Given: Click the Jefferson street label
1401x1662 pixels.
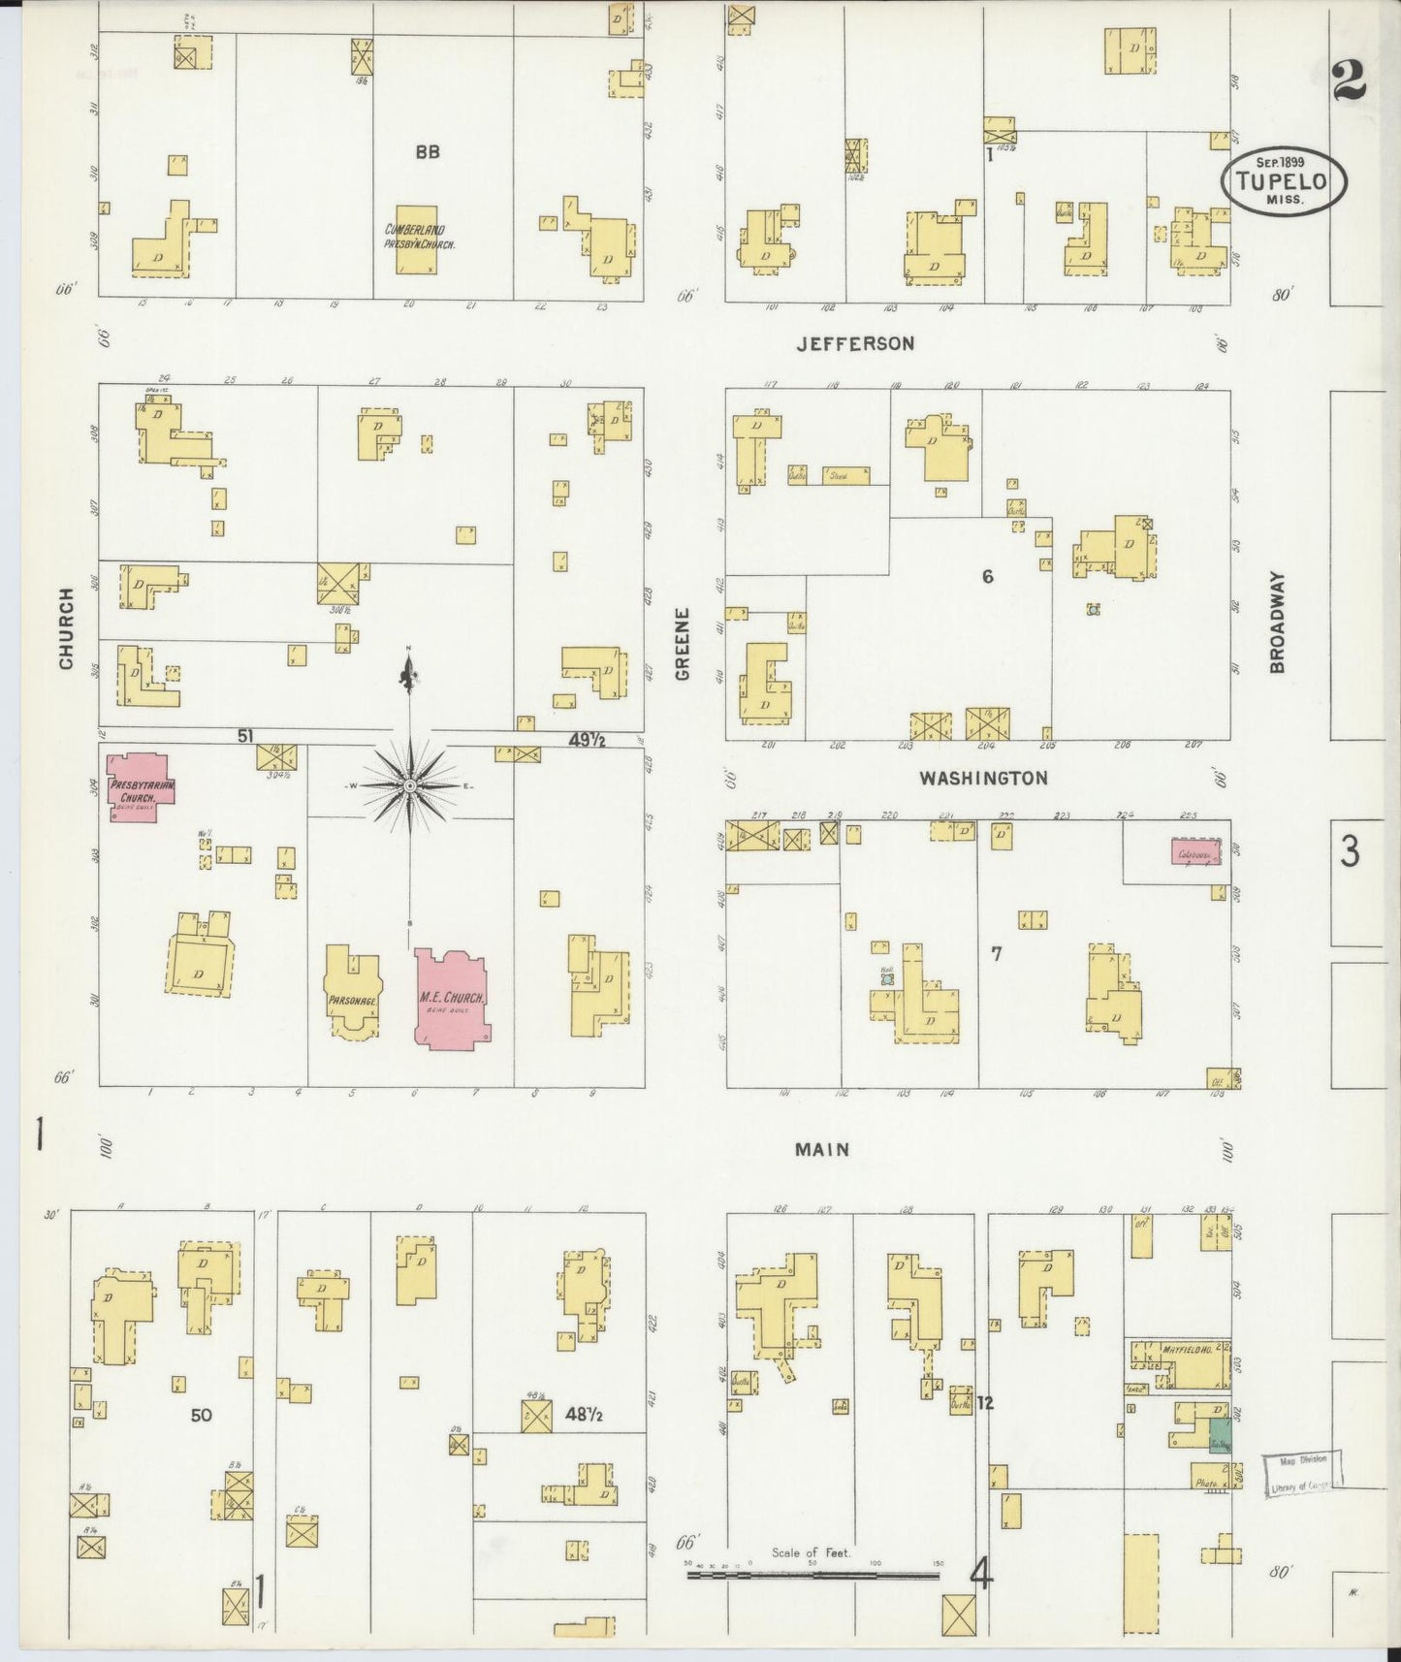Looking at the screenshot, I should click(854, 343).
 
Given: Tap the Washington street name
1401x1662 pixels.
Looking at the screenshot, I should click(983, 778).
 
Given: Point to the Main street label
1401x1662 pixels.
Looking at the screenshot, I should click(821, 1149).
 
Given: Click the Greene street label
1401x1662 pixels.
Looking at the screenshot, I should click(683, 643).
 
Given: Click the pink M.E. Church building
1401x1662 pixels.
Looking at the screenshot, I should click(452, 999).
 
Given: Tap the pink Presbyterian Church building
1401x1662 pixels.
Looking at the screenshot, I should click(142, 787).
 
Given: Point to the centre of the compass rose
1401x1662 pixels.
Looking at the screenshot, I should click(409, 784).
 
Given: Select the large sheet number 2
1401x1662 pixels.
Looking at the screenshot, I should click(1349, 81).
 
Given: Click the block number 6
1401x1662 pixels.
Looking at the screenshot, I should click(987, 577).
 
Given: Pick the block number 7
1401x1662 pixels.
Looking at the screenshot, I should click(996, 954).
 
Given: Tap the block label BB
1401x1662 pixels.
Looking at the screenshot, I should click(428, 151).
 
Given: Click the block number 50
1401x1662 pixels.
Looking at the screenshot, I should click(201, 1415).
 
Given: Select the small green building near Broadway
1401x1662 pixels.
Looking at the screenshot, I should click(1220, 1435).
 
